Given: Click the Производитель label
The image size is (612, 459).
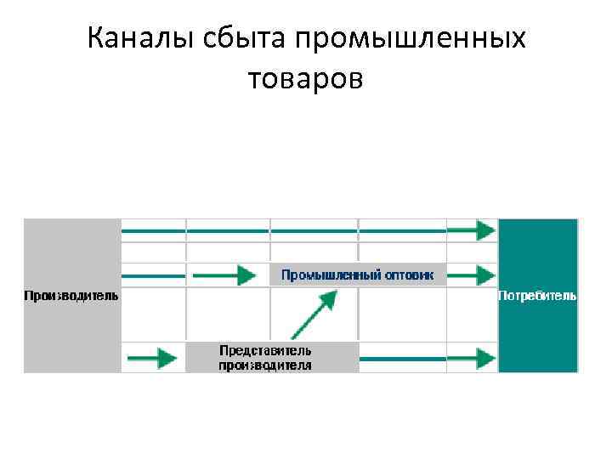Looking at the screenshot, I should click(71, 296).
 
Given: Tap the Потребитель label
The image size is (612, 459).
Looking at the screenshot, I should click(537, 296).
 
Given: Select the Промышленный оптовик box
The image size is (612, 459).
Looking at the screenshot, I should click(358, 275).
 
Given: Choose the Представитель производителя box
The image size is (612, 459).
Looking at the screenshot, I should click(265, 358).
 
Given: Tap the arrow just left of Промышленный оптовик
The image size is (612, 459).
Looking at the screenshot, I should click(224, 275).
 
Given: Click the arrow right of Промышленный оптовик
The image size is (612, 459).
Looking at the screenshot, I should click(473, 275).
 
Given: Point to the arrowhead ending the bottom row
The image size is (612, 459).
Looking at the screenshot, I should click(484, 359).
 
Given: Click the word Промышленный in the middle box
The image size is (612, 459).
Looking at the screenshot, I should click(325, 275).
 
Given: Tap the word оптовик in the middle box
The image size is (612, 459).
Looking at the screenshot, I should click(403, 275).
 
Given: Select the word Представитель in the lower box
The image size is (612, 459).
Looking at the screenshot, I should click(265, 350).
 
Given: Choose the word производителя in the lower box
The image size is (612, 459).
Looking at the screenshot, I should click(265, 365).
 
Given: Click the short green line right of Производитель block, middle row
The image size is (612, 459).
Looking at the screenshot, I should click(154, 275).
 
